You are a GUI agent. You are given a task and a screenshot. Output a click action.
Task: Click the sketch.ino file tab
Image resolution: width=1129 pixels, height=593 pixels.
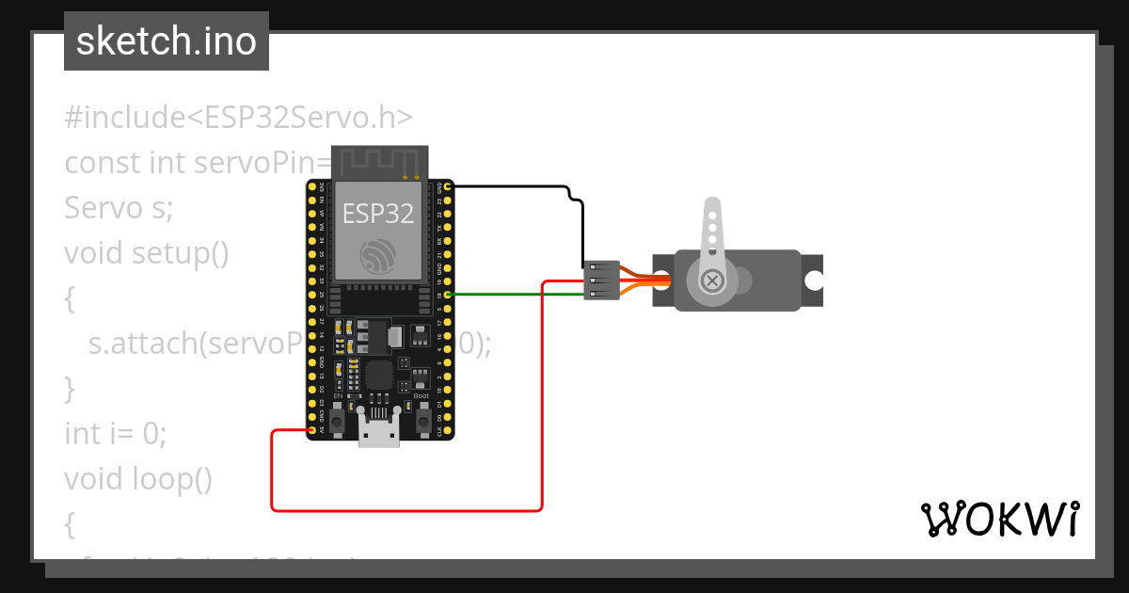point(167,41)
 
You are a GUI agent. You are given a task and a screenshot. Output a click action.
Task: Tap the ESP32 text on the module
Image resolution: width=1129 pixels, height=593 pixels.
point(377,214)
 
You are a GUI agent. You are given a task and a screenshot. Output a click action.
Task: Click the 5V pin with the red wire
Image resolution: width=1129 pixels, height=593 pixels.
point(311,431)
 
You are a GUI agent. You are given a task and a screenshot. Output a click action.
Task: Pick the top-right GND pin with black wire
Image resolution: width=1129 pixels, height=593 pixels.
point(448,186)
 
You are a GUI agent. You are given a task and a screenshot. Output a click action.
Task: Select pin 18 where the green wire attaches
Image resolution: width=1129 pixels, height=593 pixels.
point(448,295)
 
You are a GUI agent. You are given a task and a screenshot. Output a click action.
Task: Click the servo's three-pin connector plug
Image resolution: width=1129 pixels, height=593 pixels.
point(601,280)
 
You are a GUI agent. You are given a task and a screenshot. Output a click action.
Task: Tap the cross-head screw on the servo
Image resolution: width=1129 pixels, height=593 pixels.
point(713,280)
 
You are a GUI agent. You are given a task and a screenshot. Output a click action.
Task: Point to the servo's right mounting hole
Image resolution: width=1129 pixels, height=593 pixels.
point(812,280)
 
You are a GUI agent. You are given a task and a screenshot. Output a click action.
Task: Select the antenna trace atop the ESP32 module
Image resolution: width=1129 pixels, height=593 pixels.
point(377,161)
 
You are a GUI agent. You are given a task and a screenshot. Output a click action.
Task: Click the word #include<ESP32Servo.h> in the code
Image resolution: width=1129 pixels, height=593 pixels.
point(239,118)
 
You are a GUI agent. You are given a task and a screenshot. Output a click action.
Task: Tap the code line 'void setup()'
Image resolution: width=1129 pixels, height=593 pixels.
point(147,253)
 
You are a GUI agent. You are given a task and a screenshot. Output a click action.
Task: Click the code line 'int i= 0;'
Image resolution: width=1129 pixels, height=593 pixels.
point(115,434)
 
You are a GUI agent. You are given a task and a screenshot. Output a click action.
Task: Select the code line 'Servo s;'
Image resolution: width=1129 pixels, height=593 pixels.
point(119,208)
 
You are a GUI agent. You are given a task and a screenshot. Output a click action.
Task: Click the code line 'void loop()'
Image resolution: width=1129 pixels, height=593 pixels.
point(138,479)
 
